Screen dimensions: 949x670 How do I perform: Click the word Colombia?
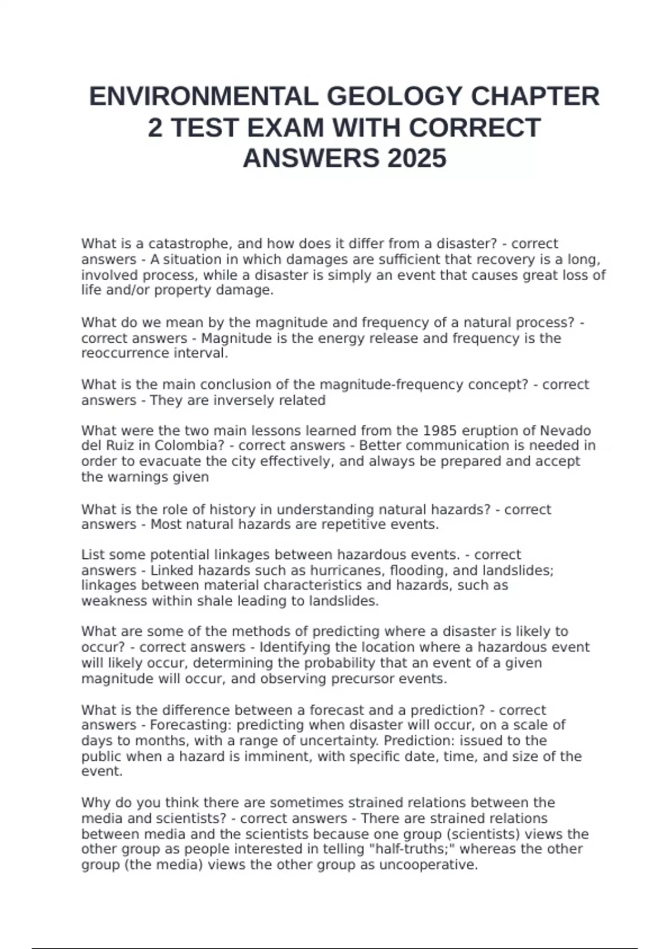[186, 446]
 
